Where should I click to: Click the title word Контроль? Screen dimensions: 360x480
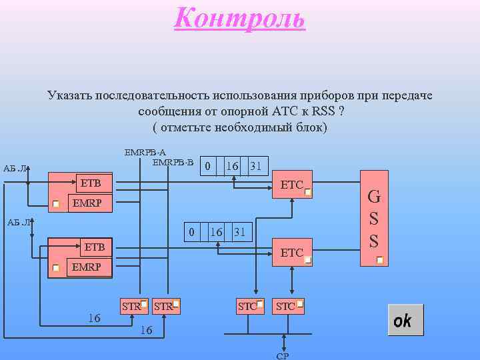(x=240, y=18)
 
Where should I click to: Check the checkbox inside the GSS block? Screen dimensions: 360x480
(x=379, y=260)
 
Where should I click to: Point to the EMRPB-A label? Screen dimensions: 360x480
(x=145, y=152)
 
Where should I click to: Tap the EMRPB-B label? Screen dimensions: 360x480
(x=173, y=162)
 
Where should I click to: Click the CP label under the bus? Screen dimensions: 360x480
(x=282, y=356)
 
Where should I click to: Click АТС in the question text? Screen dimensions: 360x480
(x=287, y=111)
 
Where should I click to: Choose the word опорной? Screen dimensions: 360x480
(x=245, y=111)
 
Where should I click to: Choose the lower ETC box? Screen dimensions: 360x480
(x=292, y=253)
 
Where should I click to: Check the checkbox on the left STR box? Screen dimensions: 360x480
(x=143, y=304)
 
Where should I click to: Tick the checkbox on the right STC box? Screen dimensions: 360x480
(x=300, y=304)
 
